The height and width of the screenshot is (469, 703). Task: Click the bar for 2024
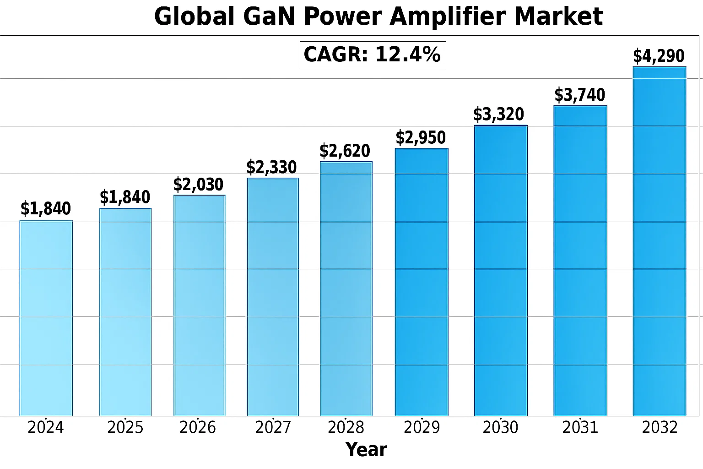[x=46, y=318]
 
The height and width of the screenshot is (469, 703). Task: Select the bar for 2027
[x=273, y=297]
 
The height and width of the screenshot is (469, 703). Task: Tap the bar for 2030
[x=501, y=271]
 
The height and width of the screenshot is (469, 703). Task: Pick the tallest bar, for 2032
[x=659, y=241]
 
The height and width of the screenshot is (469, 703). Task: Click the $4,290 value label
[x=659, y=56]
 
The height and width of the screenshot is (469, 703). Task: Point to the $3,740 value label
[x=580, y=95]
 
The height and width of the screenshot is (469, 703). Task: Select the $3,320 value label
[x=498, y=115]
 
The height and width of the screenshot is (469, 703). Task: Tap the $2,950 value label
[x=421, y=137]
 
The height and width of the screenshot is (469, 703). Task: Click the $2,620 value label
[x=345, y=151]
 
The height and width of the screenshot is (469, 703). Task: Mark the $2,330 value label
[x=271, y=167]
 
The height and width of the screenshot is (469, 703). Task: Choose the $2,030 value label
[x=198, y=185]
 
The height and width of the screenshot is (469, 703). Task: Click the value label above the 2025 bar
[x=125, y=197]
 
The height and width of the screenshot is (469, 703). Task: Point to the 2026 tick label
[x=197, y=427]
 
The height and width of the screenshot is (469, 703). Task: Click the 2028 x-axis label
[x=346, y=427]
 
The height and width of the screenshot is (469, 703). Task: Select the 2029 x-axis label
[x=422, y=427]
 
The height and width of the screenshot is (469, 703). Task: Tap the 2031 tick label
[x=580, y=427]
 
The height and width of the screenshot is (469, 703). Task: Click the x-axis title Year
[x=366, y=450]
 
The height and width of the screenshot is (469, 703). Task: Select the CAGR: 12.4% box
[x=373, y=55]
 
